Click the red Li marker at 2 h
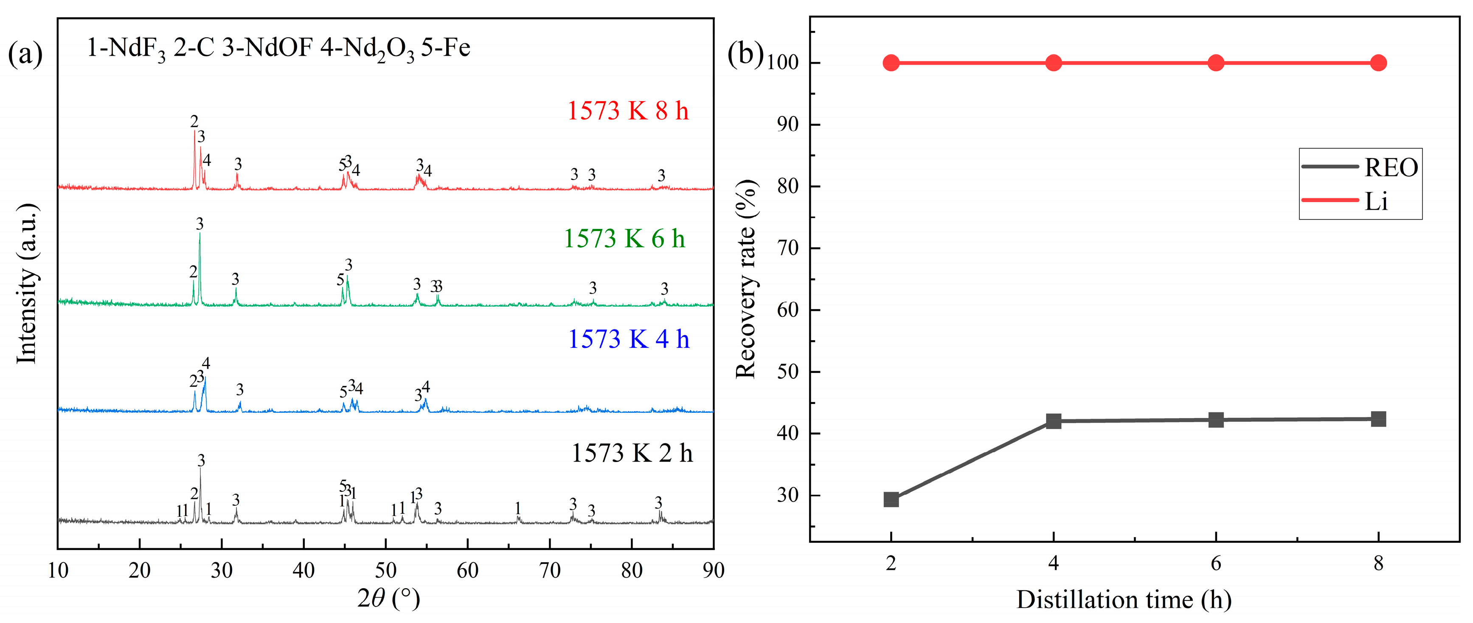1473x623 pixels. pos(891,63)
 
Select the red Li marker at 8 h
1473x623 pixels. pos(1378,63)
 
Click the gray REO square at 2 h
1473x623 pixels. pos(891,499)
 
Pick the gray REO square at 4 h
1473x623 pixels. pos(1053,421)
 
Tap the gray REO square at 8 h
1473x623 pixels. pos(1378,419)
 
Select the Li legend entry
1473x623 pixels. pos(1376,201)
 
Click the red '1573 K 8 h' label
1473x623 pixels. pos(627,111)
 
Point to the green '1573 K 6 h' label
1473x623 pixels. pos(624,239)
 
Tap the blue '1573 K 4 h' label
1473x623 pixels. pos(628,339)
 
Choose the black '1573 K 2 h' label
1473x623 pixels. pos(631,453)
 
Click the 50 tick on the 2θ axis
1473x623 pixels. pos(385,570)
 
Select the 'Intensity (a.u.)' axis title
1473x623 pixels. pos(26,283)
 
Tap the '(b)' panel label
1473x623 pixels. pos(745,54)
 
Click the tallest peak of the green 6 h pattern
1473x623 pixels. pos(200,234)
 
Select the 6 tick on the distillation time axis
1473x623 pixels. pos(1216,564)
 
